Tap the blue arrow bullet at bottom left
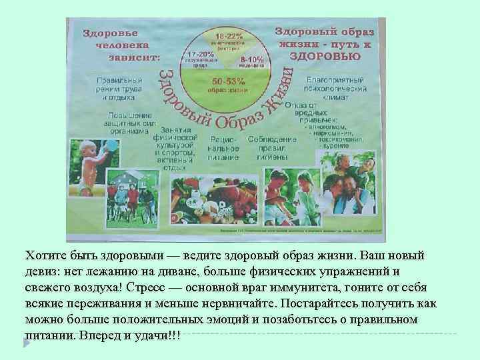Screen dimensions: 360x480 pos(27,342)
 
